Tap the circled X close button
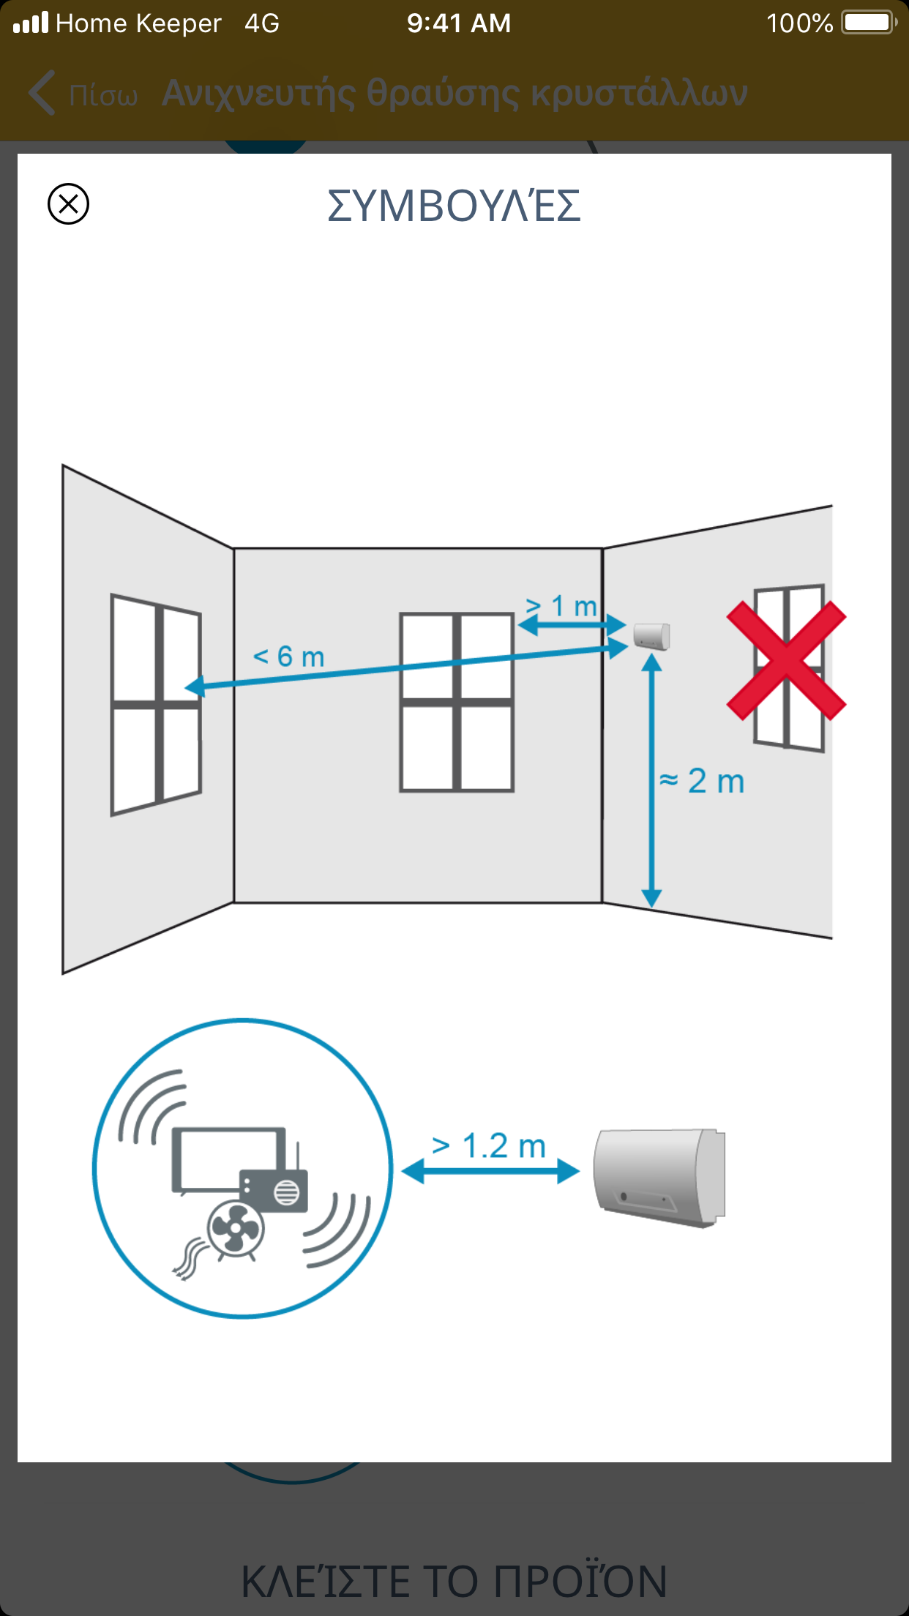click(68, 203)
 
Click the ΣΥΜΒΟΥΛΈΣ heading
click(454, 205)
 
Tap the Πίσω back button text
click(103, 95)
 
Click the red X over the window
click(786, 661)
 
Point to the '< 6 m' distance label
click(288, 656)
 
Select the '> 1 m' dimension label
click(561, 606)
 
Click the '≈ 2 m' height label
click(702, 781)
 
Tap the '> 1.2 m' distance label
click(489, 1146)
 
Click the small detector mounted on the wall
click(651, 636)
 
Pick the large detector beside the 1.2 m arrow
click(659, 1177)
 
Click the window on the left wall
click(156, 705)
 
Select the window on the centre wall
click(457, 703)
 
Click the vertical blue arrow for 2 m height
click(651, 781)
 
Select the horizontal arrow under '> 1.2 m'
click(490, 1172)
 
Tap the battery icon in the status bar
click(869, 23)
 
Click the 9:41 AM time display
click(459, 23)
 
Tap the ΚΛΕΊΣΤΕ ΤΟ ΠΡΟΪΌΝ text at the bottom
click(454, 1581)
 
